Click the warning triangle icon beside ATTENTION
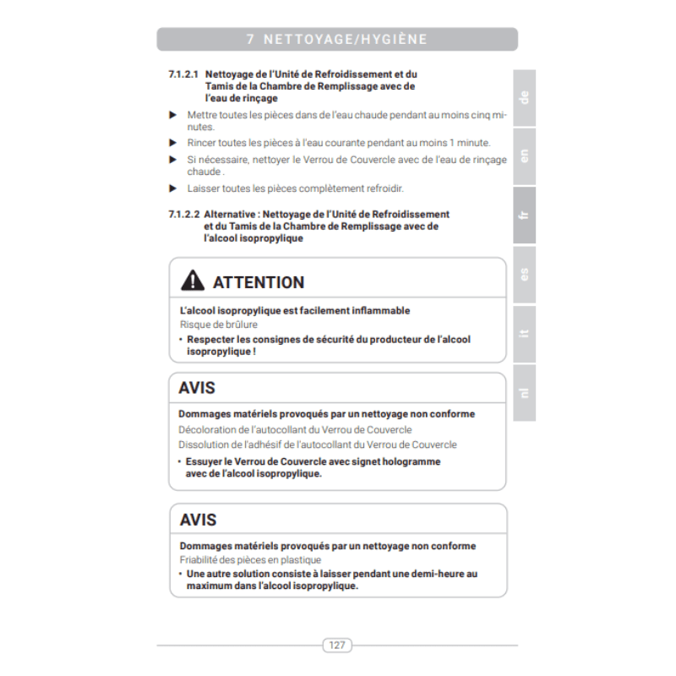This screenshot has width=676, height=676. point(193,281)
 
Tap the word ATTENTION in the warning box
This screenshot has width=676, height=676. point(259,282)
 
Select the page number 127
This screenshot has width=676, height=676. point(337,646)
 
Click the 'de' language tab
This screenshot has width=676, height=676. point(524,97)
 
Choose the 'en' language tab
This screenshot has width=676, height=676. point(524,155)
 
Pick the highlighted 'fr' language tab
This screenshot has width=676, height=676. point(524,215)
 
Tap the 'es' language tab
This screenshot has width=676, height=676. point(524,274)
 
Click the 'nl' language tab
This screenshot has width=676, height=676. point(524,391)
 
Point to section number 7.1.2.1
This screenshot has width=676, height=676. point(183,74)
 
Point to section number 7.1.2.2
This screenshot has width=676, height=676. point(183,215)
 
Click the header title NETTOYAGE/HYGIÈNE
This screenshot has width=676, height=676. point(346,40)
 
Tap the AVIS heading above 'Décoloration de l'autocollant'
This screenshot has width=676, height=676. point(197,388)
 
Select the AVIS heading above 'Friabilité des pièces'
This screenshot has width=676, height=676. point(198,520)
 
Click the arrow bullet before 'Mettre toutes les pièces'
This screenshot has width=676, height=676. point(173,114)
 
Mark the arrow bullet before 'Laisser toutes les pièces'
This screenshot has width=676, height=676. point(173,188)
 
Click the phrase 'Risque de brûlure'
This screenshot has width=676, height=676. point(219,324)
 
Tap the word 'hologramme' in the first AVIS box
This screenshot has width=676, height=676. point(413,461)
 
